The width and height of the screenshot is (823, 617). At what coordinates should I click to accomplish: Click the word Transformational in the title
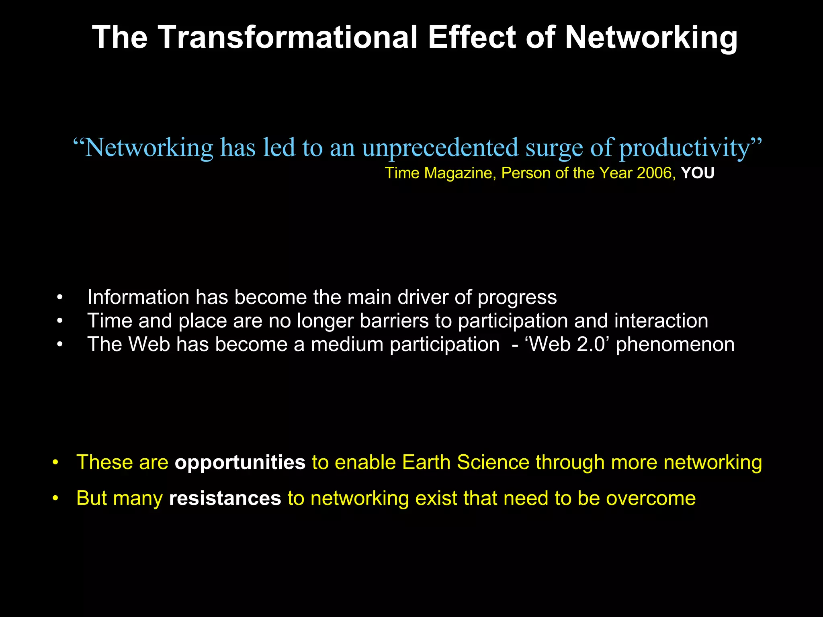(x=287, y=37)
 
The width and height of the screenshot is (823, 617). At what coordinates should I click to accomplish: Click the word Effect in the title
(x=471, y=37)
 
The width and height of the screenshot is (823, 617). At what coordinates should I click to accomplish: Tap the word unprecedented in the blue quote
(x=440, y=147)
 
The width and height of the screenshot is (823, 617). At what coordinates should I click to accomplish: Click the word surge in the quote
(x=554, y=148)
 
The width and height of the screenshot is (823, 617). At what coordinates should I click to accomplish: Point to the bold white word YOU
(x=697, y=173)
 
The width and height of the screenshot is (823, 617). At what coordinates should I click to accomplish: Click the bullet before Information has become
(x=59, y=298)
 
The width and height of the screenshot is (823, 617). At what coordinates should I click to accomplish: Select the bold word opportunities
(x=240, y=462)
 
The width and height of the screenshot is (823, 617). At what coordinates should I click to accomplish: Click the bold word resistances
(x=225, y=498)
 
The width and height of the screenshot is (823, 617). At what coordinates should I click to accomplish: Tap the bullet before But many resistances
(x=55, y=499)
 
